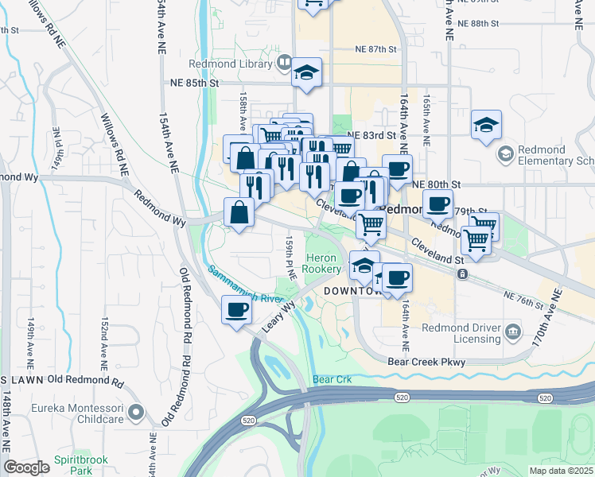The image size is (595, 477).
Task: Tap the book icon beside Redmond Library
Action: pos(284,62)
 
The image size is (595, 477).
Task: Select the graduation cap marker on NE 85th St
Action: pos(306,74)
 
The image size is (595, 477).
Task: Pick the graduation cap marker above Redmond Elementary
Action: pos(486,126)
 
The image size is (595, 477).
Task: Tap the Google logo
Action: pos(26,467)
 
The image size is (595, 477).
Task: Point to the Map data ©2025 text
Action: pos(561,471)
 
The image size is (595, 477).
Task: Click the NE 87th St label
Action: pos(376,49)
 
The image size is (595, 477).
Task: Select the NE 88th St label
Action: pos(490,24)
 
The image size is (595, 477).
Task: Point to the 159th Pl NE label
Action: pos(291,255)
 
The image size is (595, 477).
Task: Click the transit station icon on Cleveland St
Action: pos(462,273)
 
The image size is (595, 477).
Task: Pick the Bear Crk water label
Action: pos(332,380)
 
